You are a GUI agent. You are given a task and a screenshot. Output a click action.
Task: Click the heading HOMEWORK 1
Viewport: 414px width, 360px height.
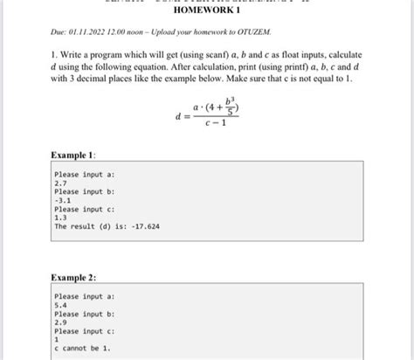(x=206, y=20)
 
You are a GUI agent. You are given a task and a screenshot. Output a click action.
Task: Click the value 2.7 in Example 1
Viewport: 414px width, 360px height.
(x=60, y=183)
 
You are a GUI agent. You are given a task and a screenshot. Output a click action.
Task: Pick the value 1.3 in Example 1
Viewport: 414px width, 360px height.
(x=60, y=218)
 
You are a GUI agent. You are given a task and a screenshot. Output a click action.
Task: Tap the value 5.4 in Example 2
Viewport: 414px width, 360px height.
(x=60, y=306)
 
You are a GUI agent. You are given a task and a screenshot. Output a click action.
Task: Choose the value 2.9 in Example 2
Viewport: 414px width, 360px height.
(x=60, y=323)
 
